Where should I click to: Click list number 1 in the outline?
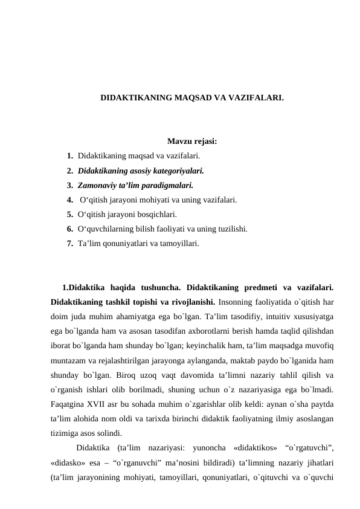click(71, 157)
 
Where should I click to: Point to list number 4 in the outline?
click(71, 199)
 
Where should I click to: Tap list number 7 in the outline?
click(71, 243)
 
